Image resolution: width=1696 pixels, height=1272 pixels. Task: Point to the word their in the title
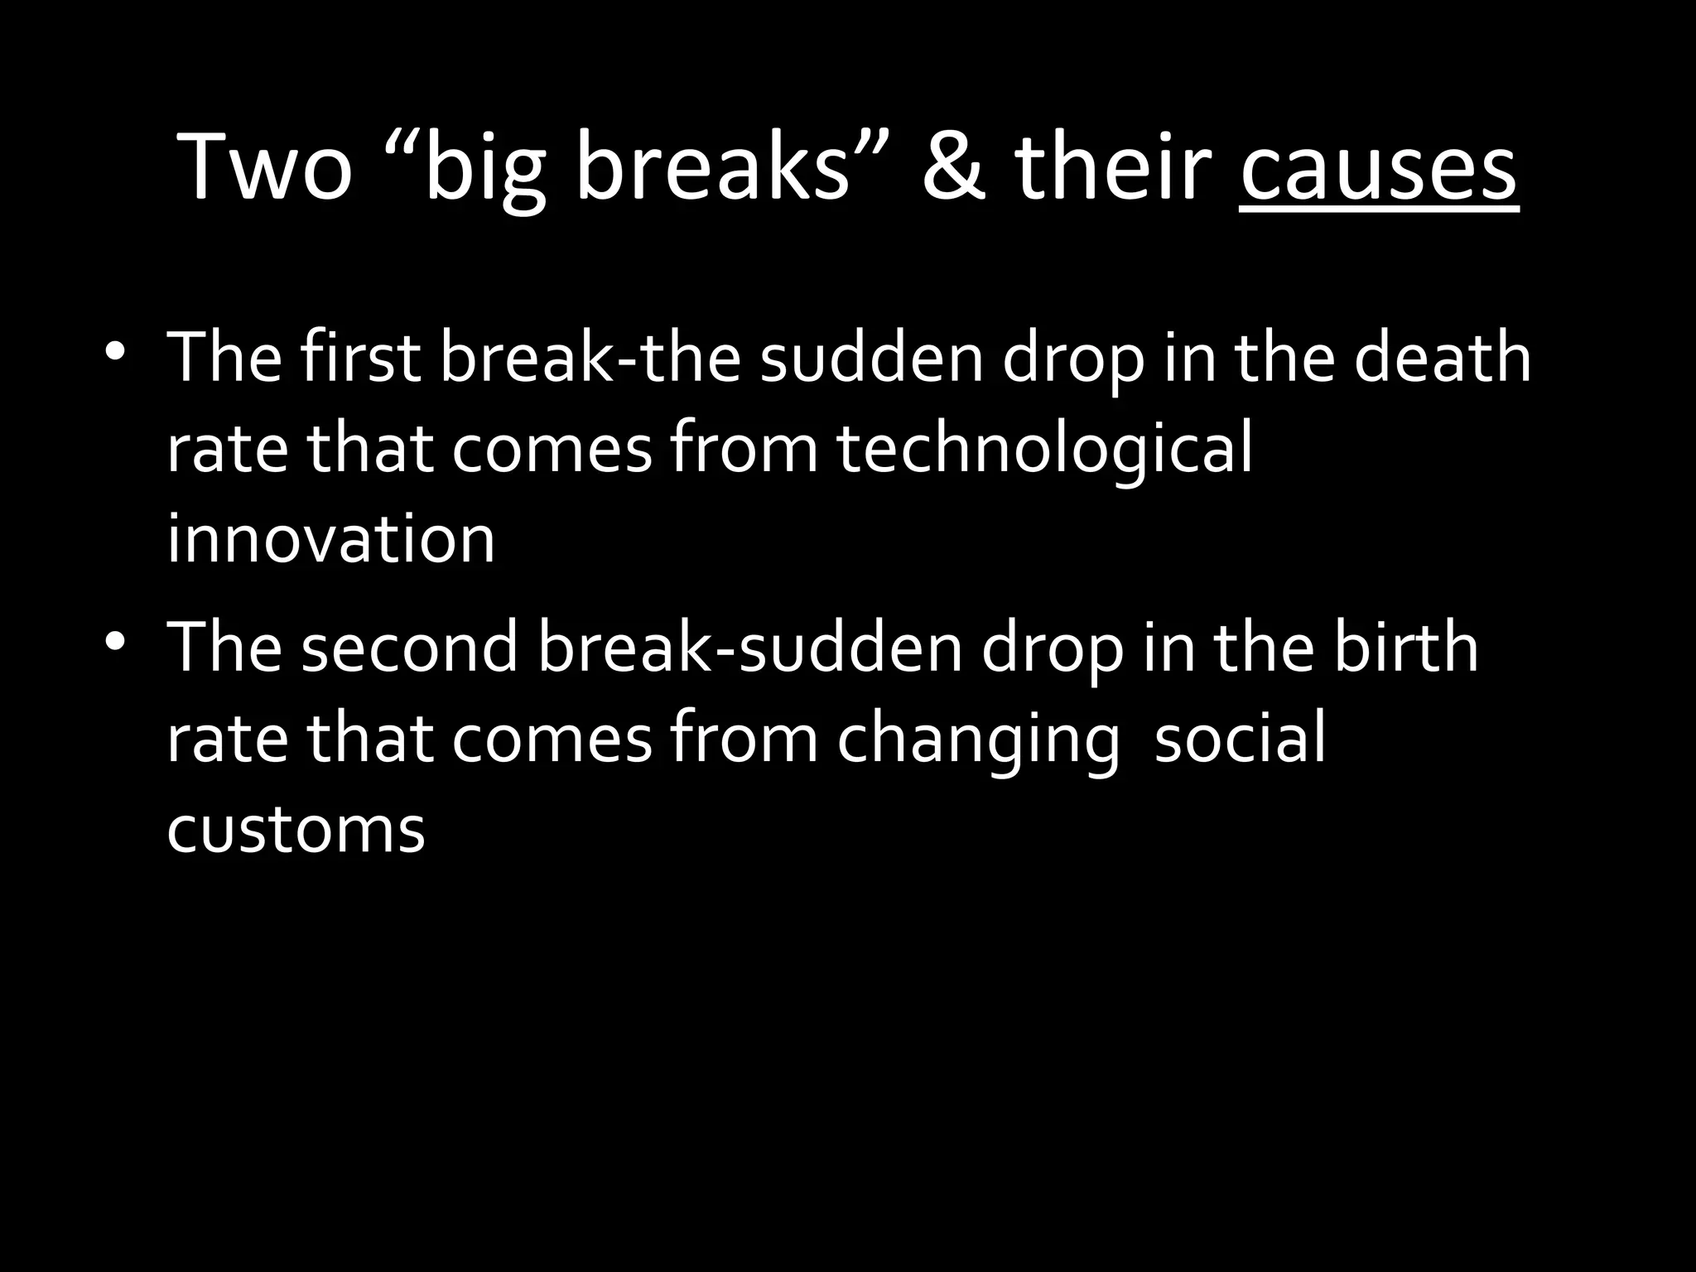(1113, 168)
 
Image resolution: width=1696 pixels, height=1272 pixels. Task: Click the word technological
(1044, 449)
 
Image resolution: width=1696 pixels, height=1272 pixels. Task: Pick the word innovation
(330, 540)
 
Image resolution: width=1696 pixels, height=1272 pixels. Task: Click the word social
(1240, 738)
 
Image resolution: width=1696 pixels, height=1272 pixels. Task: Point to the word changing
(978, 740)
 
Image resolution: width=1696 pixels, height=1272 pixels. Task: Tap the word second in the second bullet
(409, 648)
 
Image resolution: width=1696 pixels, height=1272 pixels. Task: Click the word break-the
(590, 358)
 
